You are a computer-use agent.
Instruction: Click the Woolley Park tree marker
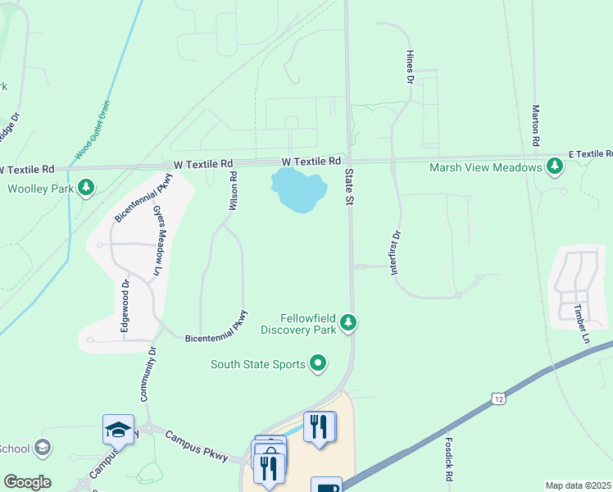(x=85, y=189)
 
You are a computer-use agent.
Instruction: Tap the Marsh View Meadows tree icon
(x=556, y=166)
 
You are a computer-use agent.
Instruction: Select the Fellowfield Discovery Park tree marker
(x=349, y=323)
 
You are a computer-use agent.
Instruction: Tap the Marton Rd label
(x=535, y=125)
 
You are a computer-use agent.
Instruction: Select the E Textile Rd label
(x=590, y=154)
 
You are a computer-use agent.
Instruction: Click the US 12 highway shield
(x=498, y=399)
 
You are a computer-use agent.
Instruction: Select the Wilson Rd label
(x=233, y=192)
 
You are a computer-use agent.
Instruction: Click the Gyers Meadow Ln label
(x=157, y=239)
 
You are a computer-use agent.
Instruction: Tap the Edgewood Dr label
(x=125, y=306)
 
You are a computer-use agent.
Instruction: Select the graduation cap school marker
(x=118, y=428)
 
